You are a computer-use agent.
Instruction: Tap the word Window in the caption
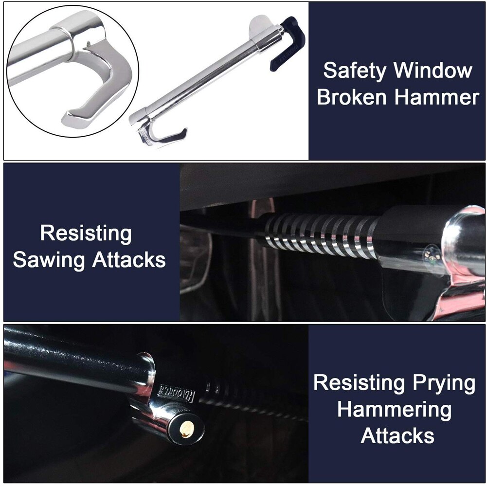[x=433, y=71]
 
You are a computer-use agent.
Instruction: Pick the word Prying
[x=443, y=383]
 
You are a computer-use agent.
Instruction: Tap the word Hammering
[x=395, y=410]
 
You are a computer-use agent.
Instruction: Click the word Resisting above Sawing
[x=86, y=234]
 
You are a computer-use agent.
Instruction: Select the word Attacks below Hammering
[x=397, y=435]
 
